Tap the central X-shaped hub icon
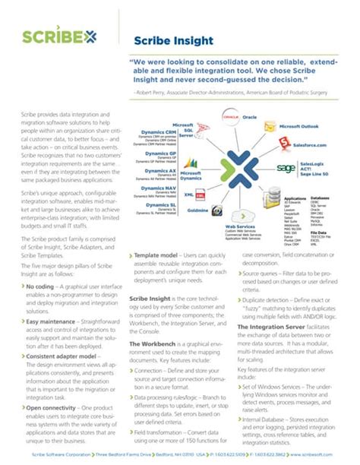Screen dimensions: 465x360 coord(241,163)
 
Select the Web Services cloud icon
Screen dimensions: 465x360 coord(241,211)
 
